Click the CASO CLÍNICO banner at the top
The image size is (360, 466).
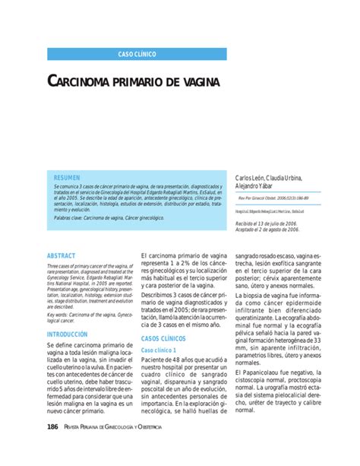[137, 55]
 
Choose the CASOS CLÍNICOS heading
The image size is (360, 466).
[168, 338]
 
